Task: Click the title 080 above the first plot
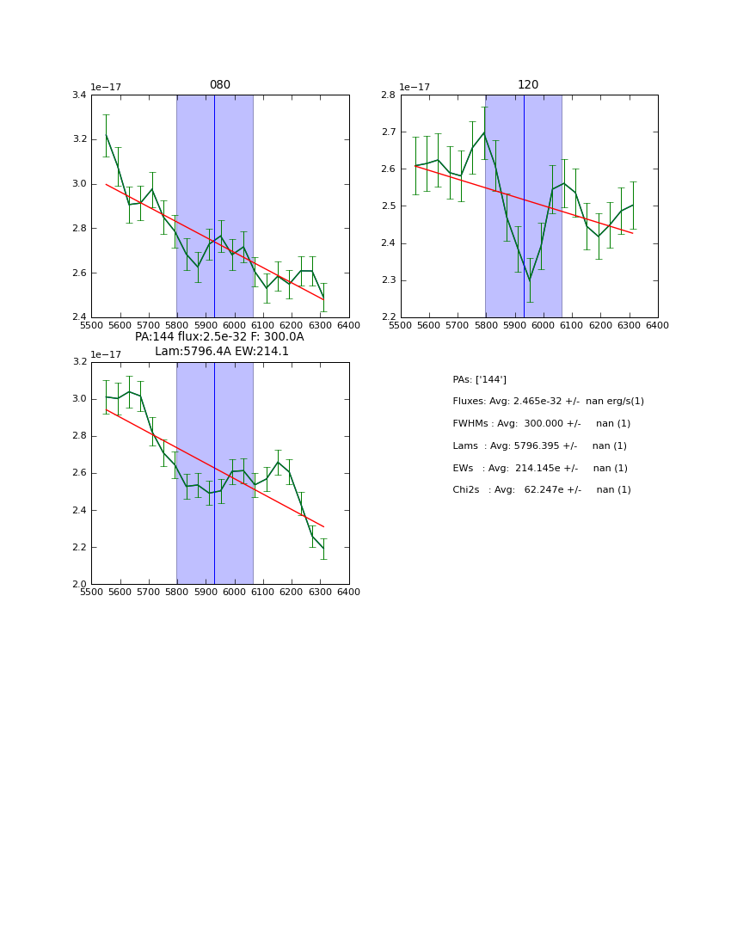(220, 85)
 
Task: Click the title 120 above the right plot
(528, 85)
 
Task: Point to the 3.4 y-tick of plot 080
(79, 95)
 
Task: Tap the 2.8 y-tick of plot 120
(389, 95)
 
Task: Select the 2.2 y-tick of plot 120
(389, 317)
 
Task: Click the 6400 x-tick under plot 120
(657, 325)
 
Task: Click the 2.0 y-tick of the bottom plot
(79, 584)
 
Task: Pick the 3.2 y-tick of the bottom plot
(79, 361)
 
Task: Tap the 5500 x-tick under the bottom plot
(91, 592)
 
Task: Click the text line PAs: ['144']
(479, 379)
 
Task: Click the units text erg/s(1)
(623, 402)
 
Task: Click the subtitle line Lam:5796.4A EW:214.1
(222, 351)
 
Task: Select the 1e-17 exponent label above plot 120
(415, 87)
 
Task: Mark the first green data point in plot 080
(106, 135)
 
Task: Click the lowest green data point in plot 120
(530, 279)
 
